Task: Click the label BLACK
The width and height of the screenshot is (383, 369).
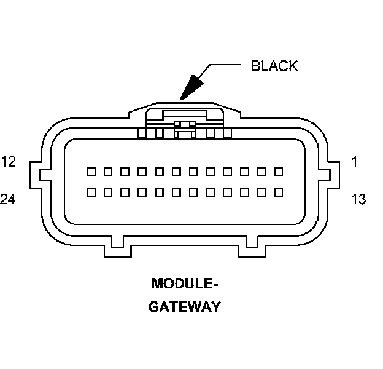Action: (274, 66)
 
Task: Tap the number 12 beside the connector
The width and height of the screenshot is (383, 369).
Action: (9, 162)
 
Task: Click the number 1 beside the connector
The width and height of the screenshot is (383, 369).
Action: (355, 162)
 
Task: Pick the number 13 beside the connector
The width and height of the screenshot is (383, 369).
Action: (358, 199)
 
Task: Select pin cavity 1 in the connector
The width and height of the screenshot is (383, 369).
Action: (278, 170)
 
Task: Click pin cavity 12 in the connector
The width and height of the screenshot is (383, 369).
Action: (90, 170)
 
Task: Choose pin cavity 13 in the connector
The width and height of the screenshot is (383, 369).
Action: (278, 192)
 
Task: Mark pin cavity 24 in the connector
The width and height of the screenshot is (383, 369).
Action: (90, 192)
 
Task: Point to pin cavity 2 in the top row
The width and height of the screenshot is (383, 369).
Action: (261, 170)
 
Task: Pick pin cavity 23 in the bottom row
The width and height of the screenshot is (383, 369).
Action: (107, 192)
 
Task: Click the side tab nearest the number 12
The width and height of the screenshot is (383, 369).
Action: (37, 174)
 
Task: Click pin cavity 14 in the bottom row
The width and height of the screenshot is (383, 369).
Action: (261, 192)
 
